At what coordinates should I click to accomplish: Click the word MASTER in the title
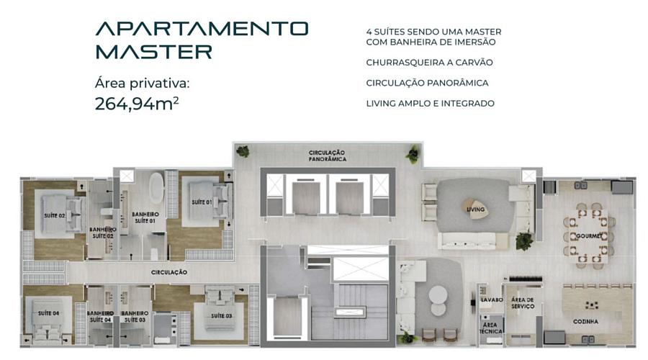coord(154,52)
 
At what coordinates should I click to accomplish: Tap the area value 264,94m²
coord(137,104)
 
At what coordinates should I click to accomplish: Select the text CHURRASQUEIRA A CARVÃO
coord(429,63)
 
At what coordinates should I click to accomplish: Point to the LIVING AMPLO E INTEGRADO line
coord(431,104)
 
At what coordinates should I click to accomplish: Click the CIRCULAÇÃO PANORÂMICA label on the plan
coord(327,156)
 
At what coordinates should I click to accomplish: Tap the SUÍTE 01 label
coord(202,202)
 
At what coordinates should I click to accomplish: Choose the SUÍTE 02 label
coord(55,215)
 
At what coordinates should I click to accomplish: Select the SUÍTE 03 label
coord(222,316)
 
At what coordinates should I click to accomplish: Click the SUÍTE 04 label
coord(48,313)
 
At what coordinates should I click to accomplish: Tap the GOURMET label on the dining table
coord(589,236)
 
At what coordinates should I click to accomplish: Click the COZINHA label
coord(585,321)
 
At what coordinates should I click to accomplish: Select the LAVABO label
coord(492,300)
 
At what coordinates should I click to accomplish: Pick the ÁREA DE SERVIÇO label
coord(523,303)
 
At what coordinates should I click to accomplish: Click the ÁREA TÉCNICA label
coord(491,328)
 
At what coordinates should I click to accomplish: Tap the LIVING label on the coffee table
coord(475,210)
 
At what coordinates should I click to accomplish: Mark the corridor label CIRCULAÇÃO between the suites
coord(169,272)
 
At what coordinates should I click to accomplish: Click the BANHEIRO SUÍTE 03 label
coord(135,317)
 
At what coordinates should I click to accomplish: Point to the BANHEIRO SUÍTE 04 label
coord(100,317)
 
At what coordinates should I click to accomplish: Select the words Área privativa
coord(142,84)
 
